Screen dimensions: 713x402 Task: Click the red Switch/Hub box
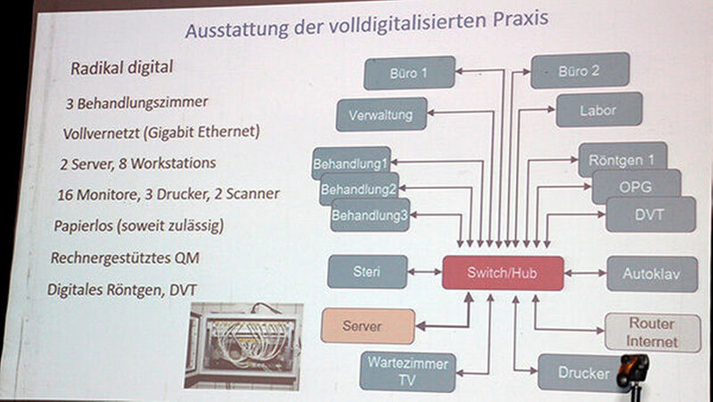tap(503, 273)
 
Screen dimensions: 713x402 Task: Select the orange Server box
tap(368, 326)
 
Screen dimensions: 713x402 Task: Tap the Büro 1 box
tap(409, 73)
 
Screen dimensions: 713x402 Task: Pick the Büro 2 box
tap(580, 70)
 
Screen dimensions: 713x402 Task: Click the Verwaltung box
tap(381, 114)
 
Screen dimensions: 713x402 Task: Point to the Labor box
tap(599, 110)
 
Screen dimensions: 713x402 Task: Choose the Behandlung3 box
tap(370, 215)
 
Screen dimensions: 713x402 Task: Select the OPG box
tap(636, 186)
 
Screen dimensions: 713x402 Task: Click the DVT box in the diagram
tap(651, 214)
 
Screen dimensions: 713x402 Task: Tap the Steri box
tap(367, 272)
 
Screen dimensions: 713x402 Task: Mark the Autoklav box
tap(652, 274)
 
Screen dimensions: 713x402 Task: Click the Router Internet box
tap(652, 332)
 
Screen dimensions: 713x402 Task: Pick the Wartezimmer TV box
tap(407, 372)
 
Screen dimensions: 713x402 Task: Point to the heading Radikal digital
tap(121, 68)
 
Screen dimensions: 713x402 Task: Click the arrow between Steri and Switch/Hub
tap(425, 272)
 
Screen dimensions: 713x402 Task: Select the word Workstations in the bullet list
tap(173, 163)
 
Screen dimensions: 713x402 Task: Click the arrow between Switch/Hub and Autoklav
tap(586, 274)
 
